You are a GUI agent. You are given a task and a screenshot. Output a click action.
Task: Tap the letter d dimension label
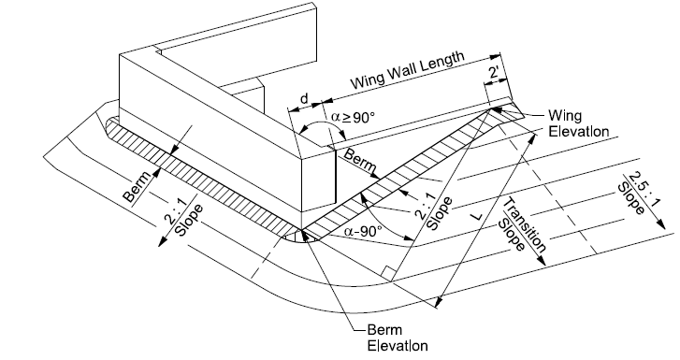tap(303, 99)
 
